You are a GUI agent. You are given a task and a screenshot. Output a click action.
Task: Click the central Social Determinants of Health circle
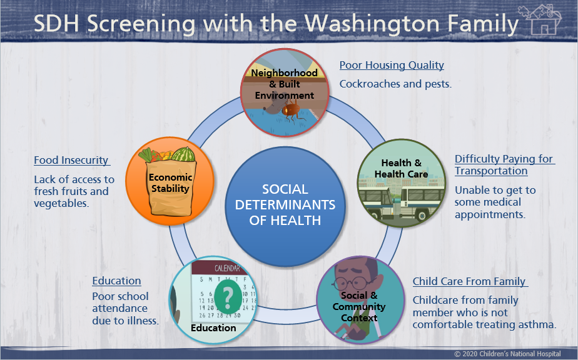285,206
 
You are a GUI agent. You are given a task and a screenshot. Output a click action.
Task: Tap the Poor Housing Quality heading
392,65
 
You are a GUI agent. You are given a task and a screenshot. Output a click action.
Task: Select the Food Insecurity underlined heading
72,160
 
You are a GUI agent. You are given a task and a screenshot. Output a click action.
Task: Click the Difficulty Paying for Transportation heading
505,165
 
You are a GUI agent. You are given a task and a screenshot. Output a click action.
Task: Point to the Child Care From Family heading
470,281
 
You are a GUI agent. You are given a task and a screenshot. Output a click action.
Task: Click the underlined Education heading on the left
116,281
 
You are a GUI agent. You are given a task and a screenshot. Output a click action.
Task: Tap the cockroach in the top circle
292,111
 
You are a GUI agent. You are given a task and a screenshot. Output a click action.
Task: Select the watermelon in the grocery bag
183,154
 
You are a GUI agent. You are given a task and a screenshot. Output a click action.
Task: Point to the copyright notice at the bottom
507,354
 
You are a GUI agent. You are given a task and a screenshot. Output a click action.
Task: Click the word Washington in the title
372,24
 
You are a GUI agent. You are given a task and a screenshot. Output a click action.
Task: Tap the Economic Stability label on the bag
170,182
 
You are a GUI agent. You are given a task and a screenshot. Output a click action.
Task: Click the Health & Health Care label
402,168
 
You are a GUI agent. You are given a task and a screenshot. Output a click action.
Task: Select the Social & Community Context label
359,307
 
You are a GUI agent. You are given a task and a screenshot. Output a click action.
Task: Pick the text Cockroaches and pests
395,84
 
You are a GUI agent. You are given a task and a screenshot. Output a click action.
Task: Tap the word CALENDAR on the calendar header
227,268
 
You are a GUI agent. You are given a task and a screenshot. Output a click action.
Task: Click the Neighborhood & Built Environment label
285,84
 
